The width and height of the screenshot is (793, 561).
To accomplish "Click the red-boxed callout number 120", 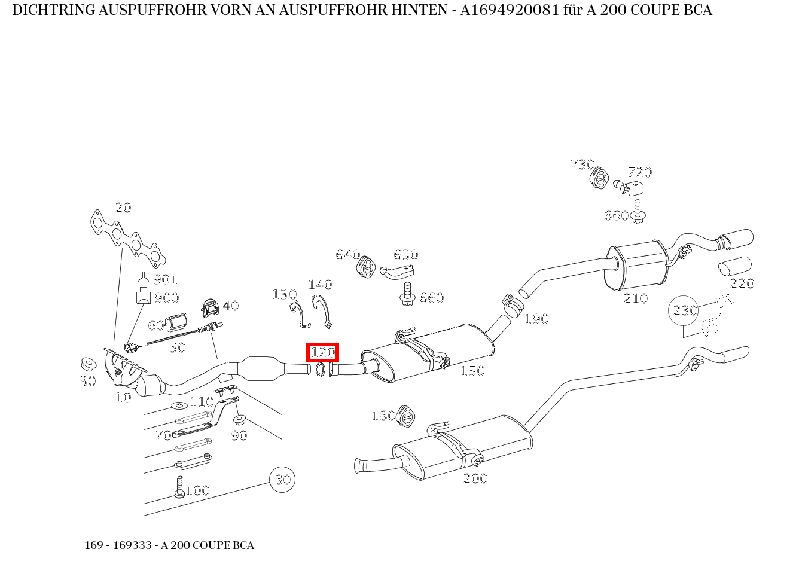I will [322, 352].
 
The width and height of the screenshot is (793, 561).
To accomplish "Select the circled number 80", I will [282, 479].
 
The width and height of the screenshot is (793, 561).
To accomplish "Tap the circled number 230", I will [685, 310].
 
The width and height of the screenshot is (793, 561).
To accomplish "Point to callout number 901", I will [165, 279].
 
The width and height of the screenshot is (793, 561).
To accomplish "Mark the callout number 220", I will [742, 283].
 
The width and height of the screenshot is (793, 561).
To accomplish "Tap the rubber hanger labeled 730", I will [598, 178].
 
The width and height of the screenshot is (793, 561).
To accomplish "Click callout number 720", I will [640, 172].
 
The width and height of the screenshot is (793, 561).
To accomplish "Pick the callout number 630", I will [405, 255].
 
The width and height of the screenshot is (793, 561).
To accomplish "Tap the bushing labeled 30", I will [89, 364].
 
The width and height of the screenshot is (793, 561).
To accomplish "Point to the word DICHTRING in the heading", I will [46, 10].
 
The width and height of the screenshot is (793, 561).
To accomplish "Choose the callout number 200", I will [475, 478].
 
